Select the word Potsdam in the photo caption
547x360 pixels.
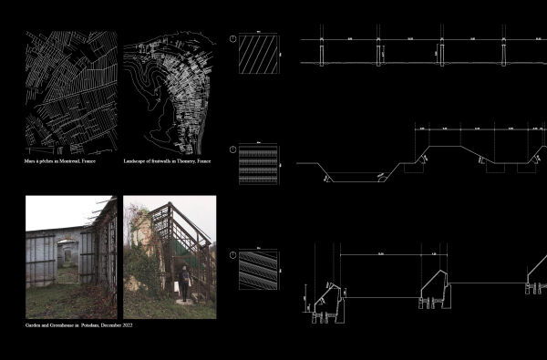click(94, 325)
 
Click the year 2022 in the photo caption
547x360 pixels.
click(127, 325)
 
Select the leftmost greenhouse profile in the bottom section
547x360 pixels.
click(325, 299)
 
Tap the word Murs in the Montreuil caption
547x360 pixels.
click(30, 161)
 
